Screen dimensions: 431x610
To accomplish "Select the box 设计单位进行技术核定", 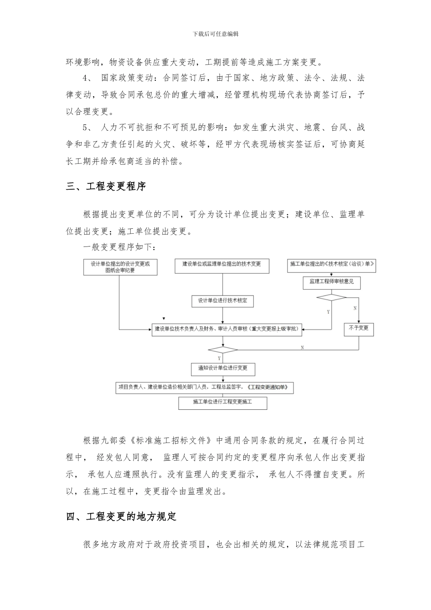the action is [x=222, y=301].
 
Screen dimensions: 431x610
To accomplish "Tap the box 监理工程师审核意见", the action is [x=331, y=282].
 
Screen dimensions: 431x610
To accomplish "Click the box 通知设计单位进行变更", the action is [x=223, y=369].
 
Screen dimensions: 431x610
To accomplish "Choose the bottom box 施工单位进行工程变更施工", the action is [x=222, y=403].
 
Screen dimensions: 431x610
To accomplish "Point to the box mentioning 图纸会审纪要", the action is [x=120, y=267].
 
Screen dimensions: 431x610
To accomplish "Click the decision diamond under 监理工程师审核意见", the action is [x=331, y=297].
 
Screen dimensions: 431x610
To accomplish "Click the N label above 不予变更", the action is [x=354, y=309].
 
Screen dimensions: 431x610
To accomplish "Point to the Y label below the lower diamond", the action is [x=219, y=359].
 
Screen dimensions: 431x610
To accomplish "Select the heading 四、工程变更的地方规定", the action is [x=121, y=517].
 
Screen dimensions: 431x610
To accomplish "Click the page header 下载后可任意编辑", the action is [x=215, y=34].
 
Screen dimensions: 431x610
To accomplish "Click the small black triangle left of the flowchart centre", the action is [x=164, y=319].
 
